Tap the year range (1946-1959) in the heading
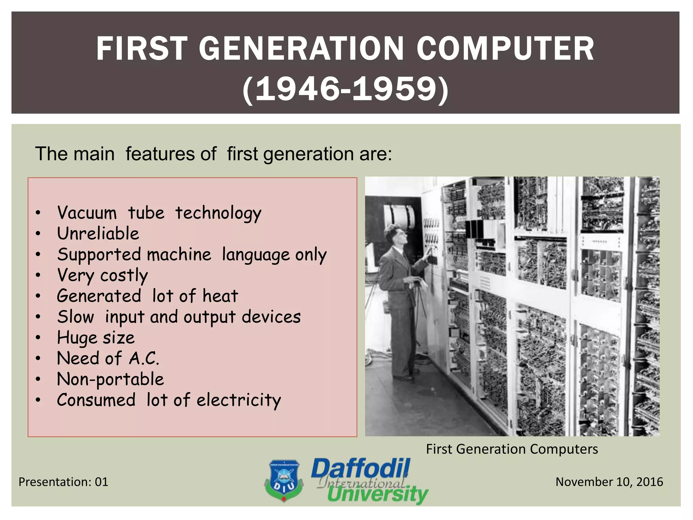(x=345, y=90)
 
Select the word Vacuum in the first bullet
(x=87, y=213)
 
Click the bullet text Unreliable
(x=98, y=234)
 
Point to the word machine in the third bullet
(x=179, y=255)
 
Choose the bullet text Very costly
(x=103, y=275)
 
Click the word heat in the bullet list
(x=220, y=296)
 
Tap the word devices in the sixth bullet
(x=271, y=317)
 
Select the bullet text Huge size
(x=96, y=338)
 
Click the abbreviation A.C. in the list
(x=144, y=359)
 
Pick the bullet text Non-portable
(x=110, y=379)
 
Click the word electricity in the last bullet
(x=239, y=400)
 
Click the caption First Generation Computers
(x=512, y=449)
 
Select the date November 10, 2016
(x=609, y=482)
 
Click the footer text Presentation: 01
(x=63, y=482)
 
